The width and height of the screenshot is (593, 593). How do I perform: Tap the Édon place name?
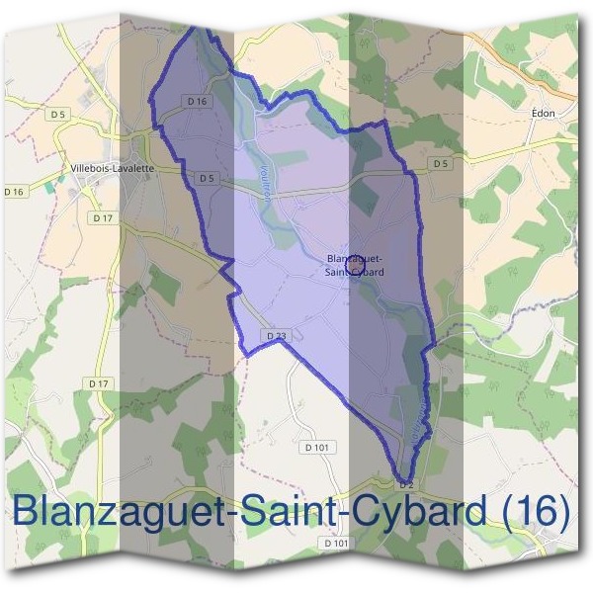tap(543, 113)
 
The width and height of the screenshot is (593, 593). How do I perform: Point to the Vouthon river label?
tap(265, 183)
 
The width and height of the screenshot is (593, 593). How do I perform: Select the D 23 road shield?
tap(276, 336)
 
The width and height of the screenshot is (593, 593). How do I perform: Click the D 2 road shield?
tap(405, 484)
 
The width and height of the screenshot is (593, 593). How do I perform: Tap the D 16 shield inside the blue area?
tap(197, 101)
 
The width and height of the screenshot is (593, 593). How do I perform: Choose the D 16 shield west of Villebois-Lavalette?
tap(13, 191)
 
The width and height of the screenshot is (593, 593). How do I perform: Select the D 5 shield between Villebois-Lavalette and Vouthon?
tap(206, 178)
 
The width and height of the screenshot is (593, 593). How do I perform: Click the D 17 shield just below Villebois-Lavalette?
tap(100, 216)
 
